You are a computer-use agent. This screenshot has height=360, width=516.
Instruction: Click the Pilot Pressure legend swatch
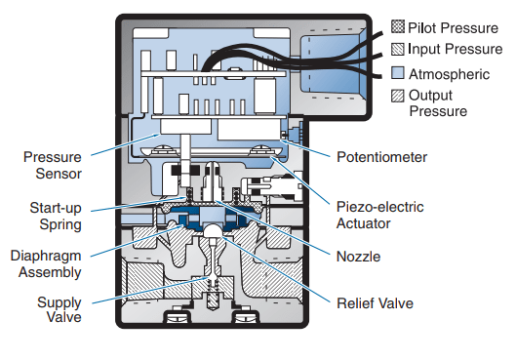[x=398, y=26]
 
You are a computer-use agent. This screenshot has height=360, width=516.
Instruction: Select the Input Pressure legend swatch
[x=398, y=49]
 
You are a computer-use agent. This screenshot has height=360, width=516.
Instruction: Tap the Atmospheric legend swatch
[x=398, y=73]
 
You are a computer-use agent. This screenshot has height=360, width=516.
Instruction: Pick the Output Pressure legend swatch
[x=398, y=96]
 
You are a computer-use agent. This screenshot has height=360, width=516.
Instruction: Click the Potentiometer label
[x=381, y=157]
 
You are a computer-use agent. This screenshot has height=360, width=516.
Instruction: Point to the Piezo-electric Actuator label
[x=379, y=216]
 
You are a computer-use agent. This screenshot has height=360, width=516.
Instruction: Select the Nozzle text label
[x=358, y=257]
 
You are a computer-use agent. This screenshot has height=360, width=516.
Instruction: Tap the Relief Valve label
[x=375, y=303]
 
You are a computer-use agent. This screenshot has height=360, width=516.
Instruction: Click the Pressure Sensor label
[x=53, y=165]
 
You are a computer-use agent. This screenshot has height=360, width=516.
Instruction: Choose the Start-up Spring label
[x=56, y=217]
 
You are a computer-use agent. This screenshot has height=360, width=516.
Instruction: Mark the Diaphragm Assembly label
[x=46, y=264]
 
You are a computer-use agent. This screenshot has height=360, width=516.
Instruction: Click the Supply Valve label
[x=60, y=309]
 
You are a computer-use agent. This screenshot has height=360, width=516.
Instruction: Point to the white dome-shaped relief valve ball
[x=215, y=230]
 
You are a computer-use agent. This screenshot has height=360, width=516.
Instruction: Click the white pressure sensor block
[x=186, y=127]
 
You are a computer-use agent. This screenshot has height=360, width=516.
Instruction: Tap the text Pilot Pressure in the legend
[x=454, y=28]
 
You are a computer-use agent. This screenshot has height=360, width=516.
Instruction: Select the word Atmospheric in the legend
[x=450, y=74]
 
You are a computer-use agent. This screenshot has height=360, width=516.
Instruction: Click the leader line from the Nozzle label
[x=271, y=227]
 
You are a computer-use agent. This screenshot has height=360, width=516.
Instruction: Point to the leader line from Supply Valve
[x=150, y=291]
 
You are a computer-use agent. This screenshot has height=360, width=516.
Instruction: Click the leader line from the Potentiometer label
[x=305, y=148]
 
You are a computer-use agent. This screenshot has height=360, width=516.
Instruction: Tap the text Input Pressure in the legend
[x=456, y=49]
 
